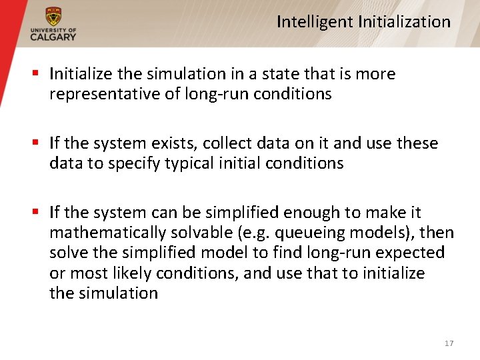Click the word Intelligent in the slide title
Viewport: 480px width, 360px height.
click(315, 22)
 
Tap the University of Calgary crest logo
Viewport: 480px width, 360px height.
click(53, 17)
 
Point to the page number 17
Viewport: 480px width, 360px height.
click(449, 343)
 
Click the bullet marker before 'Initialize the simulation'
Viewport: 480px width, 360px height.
click(37, 74)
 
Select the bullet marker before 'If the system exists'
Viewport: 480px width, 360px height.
click(37, 143)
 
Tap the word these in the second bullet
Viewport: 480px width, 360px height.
click(417, 143)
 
